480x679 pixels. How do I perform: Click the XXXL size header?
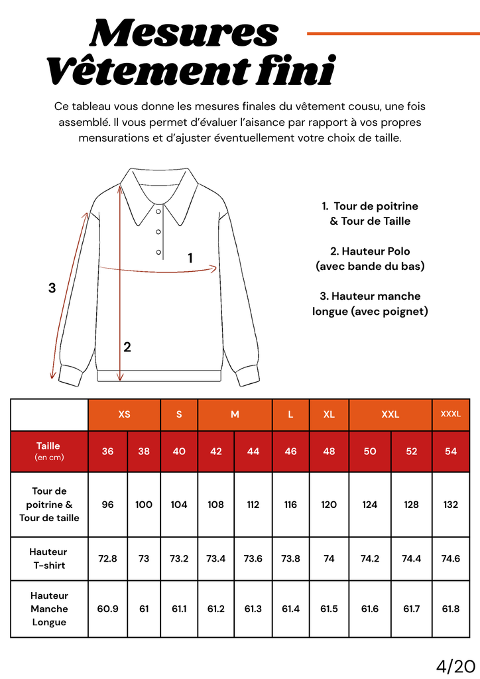pos(451,414)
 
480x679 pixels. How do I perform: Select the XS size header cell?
pos(124,414)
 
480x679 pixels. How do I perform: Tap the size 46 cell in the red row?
pos(290,451)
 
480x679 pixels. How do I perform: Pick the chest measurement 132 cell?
pos(451,504)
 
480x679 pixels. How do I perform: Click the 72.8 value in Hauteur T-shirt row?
pos(107,558)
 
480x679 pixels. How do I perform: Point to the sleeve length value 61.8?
pos(451,609)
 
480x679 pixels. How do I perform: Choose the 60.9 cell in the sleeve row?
pos(107,609)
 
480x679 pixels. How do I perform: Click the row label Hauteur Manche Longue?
pos(49,609)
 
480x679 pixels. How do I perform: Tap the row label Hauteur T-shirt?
pos(48,558)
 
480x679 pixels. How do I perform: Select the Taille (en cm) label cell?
pos(48,451)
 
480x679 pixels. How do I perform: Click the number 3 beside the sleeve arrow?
pos(52,288)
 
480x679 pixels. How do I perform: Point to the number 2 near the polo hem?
pos(127,347)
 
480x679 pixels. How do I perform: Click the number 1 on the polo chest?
pos(190,258)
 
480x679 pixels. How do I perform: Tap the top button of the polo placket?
pos(158,212)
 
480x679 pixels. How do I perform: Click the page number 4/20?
pos(457,665)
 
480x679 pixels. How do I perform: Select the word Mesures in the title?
pos(184,33)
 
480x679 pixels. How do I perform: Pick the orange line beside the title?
pos(392,33)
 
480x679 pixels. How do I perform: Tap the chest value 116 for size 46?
pos(290,504)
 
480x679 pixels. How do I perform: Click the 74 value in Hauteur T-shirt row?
pos(329,558)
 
